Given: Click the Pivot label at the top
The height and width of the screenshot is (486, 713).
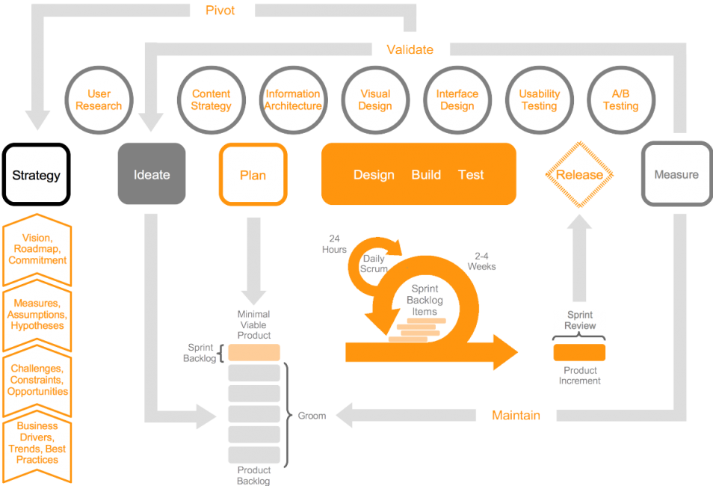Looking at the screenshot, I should click(220, 10).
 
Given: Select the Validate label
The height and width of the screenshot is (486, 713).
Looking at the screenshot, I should click(410, 50).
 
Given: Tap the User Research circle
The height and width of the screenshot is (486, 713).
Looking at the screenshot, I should click(99, 100).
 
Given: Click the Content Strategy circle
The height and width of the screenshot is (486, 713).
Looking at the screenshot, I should click(211, 100).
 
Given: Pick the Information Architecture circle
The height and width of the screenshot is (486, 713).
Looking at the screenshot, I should click(293, 100).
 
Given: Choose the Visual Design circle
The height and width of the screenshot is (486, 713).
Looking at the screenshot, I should click(375, 100).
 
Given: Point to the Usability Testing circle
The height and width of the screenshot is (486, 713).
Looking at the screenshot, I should click(539, 100).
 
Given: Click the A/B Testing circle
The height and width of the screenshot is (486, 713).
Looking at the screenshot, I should click(621, 100).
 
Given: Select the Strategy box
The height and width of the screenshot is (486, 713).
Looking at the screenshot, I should click(36, 175).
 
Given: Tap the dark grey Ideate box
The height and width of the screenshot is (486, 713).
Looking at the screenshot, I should click(152, 174).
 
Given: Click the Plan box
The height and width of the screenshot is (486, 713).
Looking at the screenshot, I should click(253, 175).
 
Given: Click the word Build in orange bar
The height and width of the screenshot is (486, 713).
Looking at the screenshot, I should click(426, 175).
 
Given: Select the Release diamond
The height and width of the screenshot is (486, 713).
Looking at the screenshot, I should click(579, 175).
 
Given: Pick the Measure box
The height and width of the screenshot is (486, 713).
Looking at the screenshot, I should click(676, 174).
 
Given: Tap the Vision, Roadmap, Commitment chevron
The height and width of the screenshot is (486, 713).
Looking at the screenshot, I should click(37, 250).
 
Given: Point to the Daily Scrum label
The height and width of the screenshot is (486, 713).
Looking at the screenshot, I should click(374, 262).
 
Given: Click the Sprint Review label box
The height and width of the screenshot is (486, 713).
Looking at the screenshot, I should click(580, 321).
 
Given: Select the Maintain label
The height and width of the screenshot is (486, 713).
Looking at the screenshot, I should click(516, 415).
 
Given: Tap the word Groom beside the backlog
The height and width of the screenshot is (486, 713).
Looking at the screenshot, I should click(312, 416).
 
